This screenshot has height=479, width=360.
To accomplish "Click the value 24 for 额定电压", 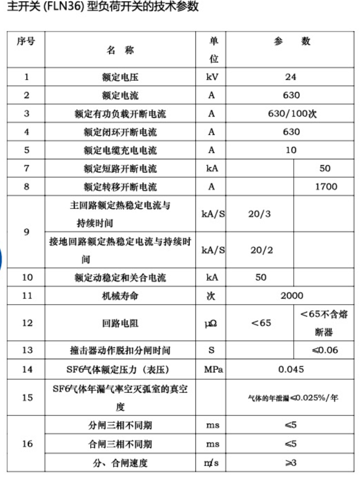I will [290, 77].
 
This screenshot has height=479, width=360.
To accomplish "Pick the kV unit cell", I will [211, 77].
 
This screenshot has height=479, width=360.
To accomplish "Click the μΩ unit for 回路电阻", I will [211, 323].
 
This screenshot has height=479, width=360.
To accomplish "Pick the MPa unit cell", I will [211, 369].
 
